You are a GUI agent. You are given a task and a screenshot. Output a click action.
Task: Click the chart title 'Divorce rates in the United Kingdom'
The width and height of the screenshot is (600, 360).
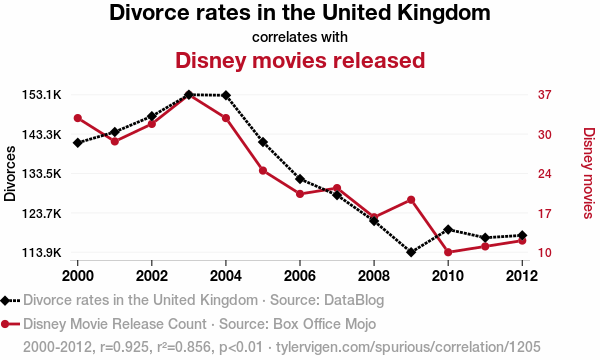tap(300, 14)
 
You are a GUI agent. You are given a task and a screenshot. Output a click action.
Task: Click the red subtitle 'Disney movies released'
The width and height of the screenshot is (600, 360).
tap(300, 60)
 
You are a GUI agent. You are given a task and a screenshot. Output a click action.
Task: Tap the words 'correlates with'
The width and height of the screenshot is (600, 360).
tap(300, 37)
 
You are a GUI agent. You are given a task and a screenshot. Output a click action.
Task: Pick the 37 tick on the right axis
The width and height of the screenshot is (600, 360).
tap(545, 95)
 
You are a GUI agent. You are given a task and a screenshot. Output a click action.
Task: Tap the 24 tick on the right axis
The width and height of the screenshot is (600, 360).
tap(545, 174)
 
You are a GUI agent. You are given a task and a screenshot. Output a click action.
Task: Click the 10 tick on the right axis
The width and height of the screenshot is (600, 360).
tap(545, 253)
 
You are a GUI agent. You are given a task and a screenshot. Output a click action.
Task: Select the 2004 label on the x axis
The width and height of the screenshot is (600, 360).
tap(226, 274)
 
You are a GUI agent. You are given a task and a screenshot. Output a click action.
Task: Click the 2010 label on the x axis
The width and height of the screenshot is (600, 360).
tap(448, 274)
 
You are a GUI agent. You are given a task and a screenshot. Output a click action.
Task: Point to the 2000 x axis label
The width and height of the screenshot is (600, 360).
tap(78, 274)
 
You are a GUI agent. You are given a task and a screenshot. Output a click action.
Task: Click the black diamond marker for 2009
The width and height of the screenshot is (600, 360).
tap(411, 252)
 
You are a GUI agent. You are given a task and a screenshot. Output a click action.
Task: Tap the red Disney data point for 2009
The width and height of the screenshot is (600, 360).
tap(411, 200)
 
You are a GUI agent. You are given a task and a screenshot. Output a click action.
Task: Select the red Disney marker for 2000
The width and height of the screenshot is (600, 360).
tap(78, 118)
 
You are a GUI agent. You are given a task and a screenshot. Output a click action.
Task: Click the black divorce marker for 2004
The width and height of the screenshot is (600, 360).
tap(226, 96)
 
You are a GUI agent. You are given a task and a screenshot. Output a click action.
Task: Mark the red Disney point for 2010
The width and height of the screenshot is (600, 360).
tap(448, 252)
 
